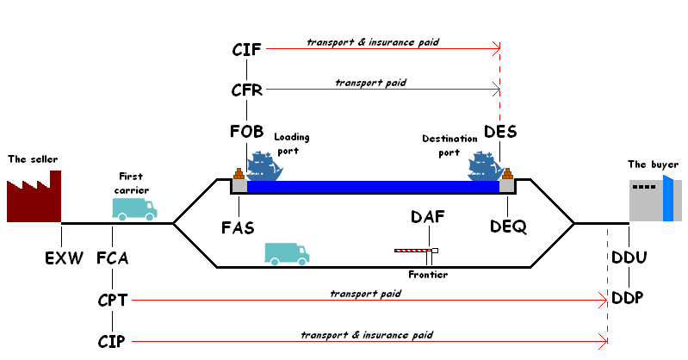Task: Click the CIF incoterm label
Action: (246, 50)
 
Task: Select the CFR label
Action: (246, 90)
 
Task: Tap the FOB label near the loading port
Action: (246, 131)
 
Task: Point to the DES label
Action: (500, 131)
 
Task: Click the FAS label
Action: (238, 228)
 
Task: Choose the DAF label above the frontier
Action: (428, 216)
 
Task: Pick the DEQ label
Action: (508, 227)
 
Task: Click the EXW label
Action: (64, 258)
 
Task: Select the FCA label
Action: (112, 258)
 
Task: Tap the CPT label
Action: (112, 301)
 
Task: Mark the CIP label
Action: (111, 341)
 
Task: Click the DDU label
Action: (629, 257)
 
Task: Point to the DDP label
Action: (628, 298)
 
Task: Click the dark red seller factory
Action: (34, 196)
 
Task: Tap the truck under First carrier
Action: (134, 209)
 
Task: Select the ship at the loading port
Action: (264, 166)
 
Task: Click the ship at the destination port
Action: (486, 166)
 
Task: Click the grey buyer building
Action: (655, 200)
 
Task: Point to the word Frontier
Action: (428, 275)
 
